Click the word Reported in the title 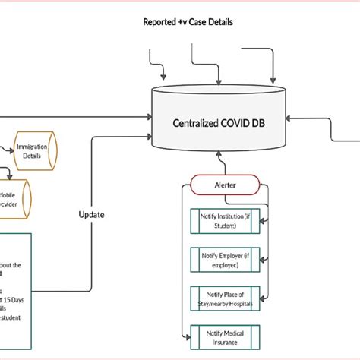[x=161, y=22]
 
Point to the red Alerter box [x=226, y=185]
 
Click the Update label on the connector [x=92, y=214]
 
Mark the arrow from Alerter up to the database [x=219, y=163]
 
